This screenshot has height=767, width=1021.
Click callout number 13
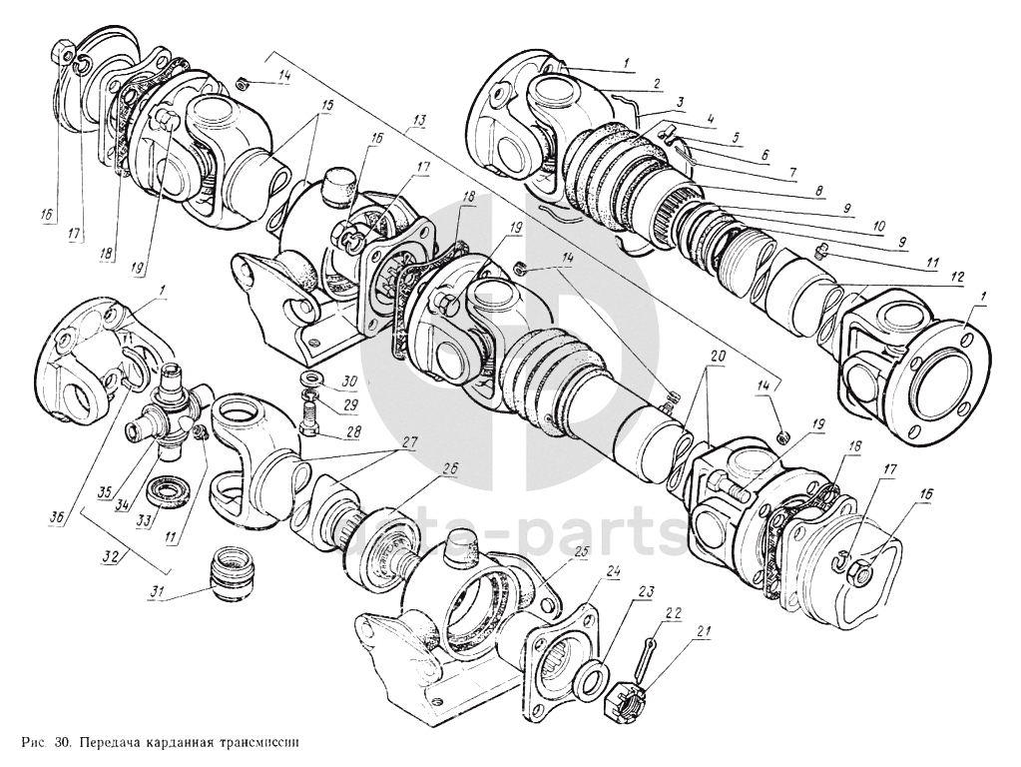[x=417, y=121]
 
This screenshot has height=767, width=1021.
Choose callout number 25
[x=580, y=551]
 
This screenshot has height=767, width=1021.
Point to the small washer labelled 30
[x=309, y=380]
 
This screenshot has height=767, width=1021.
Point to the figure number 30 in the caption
[x=62, y=744]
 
